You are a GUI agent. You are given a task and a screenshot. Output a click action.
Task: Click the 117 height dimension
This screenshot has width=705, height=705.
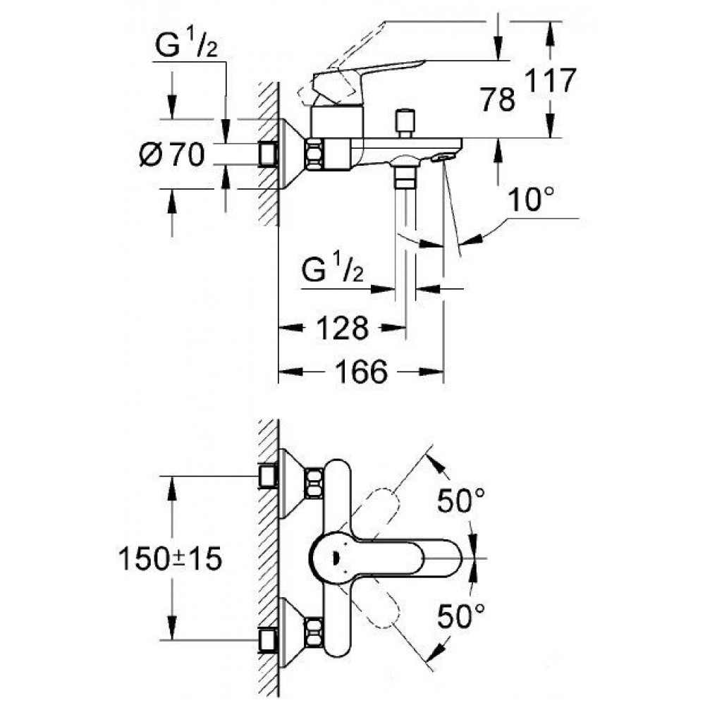click(x=551, y=81)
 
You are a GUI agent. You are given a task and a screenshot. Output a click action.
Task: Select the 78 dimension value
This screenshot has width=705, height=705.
click(x=497, y=99)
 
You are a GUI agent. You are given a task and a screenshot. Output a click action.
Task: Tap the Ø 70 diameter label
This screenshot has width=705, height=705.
click(x=172, y=154)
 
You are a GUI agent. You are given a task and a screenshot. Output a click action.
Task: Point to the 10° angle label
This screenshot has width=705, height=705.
click(x=531, y=200)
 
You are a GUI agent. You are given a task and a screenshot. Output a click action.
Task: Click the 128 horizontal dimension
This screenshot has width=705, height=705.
click(x=343, y=328)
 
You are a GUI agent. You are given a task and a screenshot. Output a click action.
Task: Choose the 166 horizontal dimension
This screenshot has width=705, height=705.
click(x=362, y=372)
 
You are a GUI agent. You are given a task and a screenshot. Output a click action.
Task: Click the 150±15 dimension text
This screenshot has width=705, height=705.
click(x=170, y=559)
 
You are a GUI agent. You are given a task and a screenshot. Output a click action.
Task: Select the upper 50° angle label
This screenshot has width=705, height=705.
click(x=461, y=501)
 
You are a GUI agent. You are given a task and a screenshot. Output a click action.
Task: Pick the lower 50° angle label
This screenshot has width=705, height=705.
click(x=461, y=615)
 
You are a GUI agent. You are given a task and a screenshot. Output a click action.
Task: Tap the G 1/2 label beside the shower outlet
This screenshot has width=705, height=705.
click(x=332, y=269)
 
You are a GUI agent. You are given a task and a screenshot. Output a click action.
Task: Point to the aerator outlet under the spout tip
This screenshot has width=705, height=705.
click(x=442, y=158)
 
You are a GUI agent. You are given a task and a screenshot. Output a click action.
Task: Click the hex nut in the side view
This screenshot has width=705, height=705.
click(x=314, y=154)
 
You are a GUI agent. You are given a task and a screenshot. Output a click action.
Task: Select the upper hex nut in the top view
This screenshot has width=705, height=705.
click(x=314, y=484)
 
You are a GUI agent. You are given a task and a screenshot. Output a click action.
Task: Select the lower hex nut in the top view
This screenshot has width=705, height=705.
click(x=314, y=634)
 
